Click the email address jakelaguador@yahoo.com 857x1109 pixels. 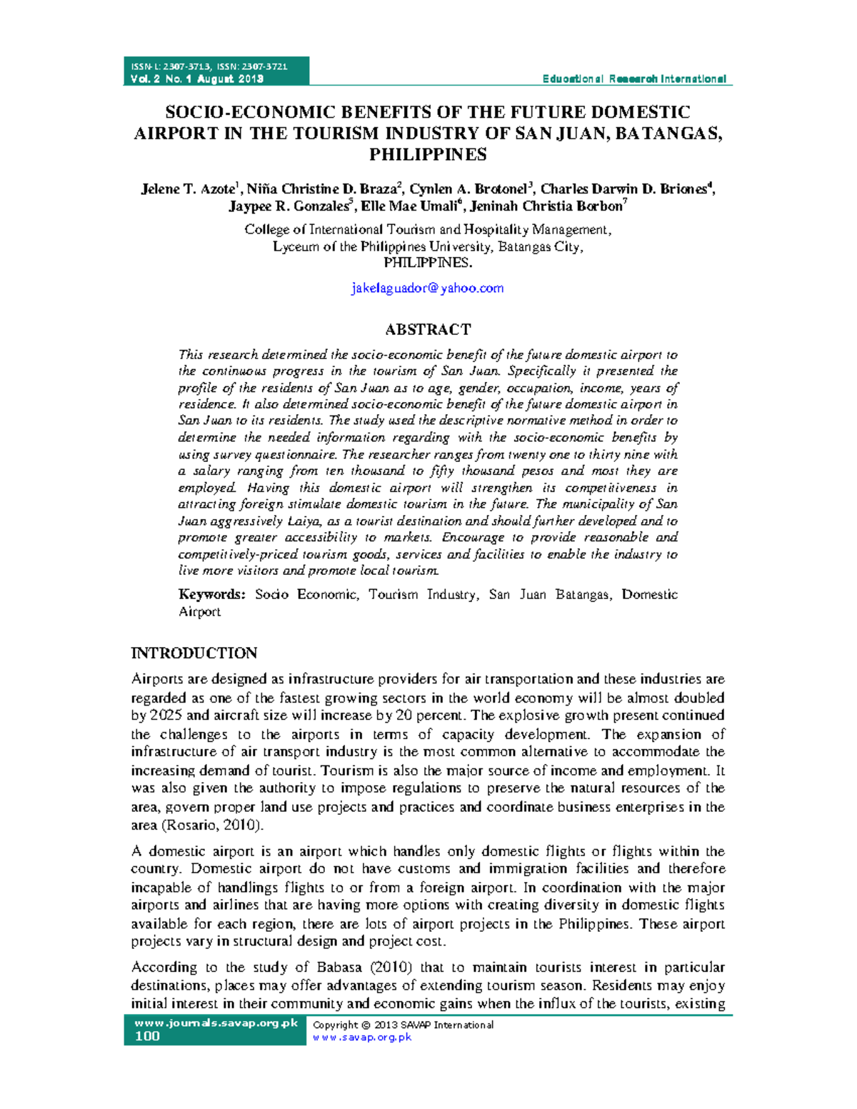(x=427, y=288)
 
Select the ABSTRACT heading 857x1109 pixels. (x=428, y=329)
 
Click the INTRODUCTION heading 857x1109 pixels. (x=194, y=653)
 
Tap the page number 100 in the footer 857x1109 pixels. (x=147, y=1036)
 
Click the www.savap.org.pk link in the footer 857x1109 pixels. (x=362, y=1037)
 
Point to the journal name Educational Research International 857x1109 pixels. (x=634, y=79)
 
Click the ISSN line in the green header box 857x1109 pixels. (x=209, y=66)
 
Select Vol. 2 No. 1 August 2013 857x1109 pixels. (x=197, y=79)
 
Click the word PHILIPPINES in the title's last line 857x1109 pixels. (x=428, y=154)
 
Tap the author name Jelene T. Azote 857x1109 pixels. (x=189, y=189)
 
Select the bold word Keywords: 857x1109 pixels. (x=212, y=594)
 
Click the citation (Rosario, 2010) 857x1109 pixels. (x=212, y=825)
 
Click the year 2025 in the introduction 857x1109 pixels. (x=166, y=715)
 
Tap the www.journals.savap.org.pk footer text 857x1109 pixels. (x=216, y=1023)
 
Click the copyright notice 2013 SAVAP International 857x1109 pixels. (x=403, y=1025)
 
